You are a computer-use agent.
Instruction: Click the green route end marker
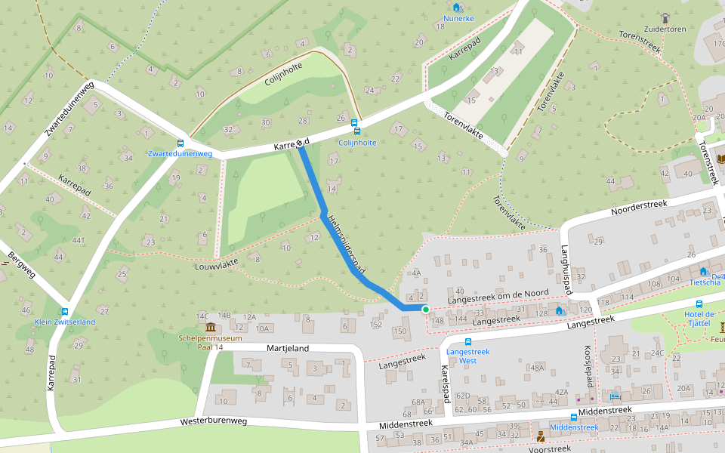[425, 309]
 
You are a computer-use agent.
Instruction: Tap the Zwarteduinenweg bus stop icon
[180, 143]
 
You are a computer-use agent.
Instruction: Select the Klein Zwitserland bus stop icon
[65, 312]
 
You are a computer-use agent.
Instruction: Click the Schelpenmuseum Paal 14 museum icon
[210, 327]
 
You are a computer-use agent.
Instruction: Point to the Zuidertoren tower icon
[665, 17]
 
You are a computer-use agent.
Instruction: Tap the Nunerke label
[459, 17]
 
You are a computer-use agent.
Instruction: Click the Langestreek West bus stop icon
[468, 341]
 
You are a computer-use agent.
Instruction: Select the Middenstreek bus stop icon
[574, 417]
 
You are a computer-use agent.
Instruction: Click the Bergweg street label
[20, 263]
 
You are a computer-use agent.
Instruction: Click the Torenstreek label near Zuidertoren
[640, 42]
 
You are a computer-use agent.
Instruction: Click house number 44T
[79, 240]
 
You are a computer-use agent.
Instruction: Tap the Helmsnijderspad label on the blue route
[348, 244]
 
